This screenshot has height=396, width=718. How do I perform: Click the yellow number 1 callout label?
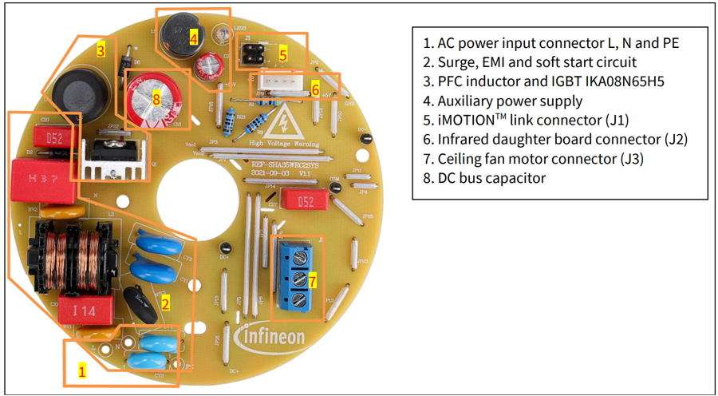(x=81, y=371)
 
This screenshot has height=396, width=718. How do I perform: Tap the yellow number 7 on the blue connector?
(x=313, y=281)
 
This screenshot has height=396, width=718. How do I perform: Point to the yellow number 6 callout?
(x=315, y=91)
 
